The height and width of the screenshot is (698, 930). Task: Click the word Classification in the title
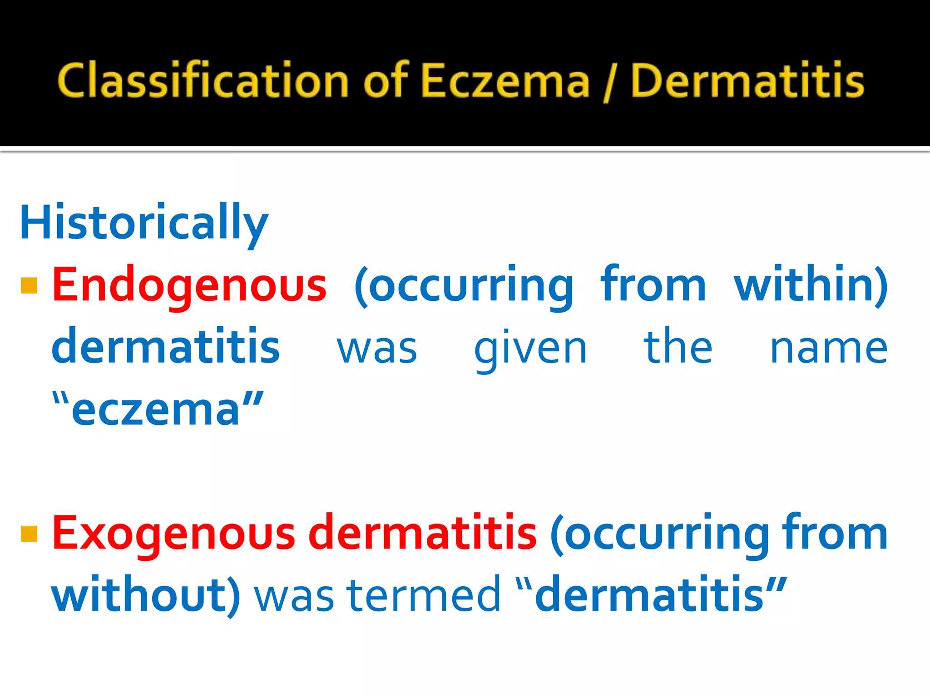pos(203,80)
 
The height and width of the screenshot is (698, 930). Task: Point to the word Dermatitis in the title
pos(747,80)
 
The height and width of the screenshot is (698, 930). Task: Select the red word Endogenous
pos(189,284)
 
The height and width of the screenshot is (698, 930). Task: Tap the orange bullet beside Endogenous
pos(29,286)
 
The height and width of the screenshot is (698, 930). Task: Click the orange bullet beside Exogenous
pos(29,534)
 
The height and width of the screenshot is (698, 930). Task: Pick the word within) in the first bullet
pos(811,284)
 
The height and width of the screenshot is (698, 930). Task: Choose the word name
pos(829,348)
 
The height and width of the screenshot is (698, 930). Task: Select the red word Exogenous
pos(174,533)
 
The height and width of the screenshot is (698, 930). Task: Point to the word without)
pos(146,595)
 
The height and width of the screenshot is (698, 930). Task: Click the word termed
pos(423,595)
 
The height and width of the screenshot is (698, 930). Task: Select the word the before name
pos(678,347)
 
